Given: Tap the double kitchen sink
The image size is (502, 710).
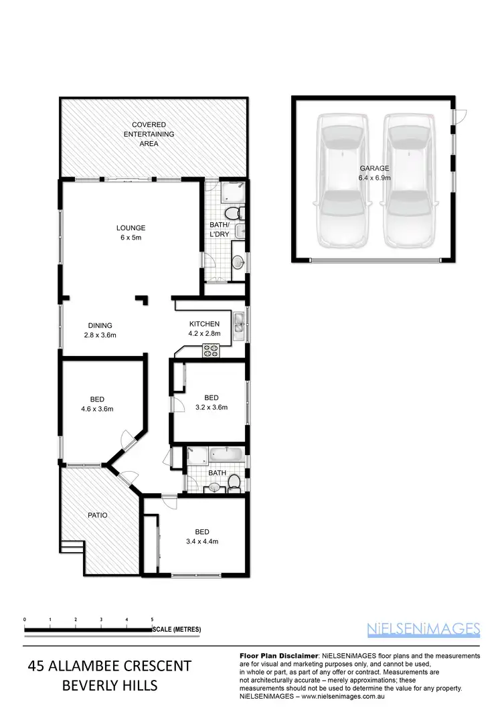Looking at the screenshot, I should coord(238,323).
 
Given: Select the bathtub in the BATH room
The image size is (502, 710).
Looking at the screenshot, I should coord(228,456).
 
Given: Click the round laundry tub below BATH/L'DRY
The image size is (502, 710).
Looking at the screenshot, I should coord(238,261).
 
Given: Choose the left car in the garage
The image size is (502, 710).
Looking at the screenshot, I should coord(342,179).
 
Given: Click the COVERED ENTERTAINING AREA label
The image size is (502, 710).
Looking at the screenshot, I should coord(149,134).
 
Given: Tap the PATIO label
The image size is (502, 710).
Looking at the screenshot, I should coord(98,515).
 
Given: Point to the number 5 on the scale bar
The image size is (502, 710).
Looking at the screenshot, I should coord(152,620).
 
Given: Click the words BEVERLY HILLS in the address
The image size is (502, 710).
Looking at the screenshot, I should coord(110,685).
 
